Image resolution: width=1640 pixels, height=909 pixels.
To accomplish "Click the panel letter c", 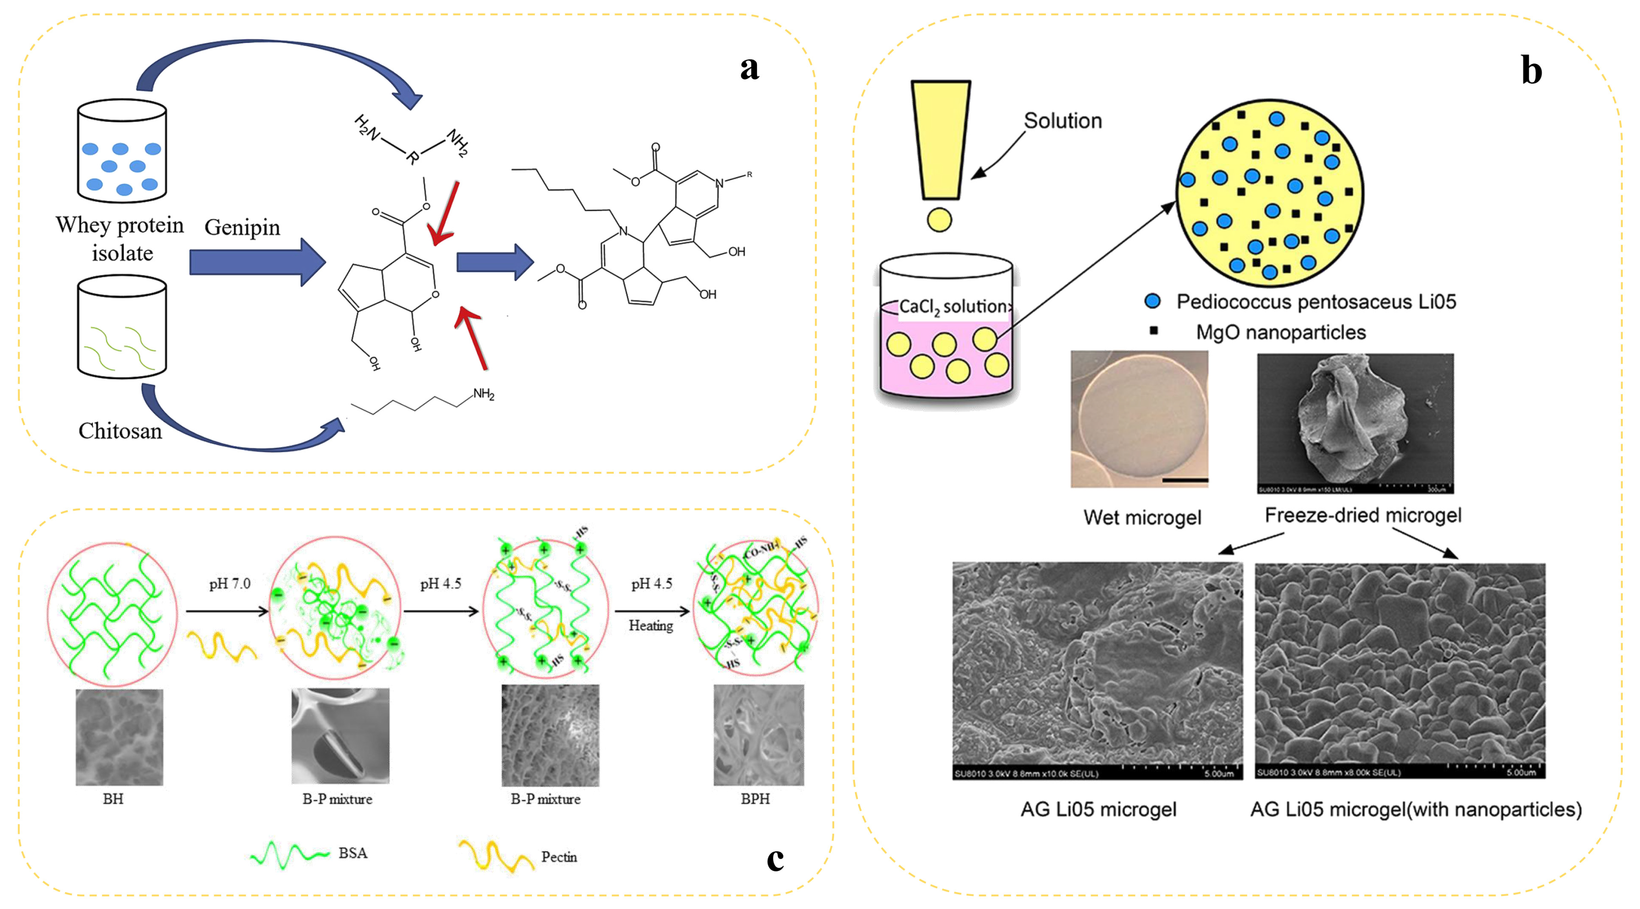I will pos(775,859).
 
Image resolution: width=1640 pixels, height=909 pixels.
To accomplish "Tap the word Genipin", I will pos(242,227).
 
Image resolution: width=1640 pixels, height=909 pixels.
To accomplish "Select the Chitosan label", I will pos(120,431).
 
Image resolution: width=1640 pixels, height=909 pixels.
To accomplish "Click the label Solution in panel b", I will pos(1062,121).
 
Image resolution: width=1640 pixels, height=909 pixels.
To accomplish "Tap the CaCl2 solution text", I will pos(952,307).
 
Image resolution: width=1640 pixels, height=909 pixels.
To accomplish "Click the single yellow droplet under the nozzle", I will pos(939,220).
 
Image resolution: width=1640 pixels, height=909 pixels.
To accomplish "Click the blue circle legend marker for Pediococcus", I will pos(1152,301).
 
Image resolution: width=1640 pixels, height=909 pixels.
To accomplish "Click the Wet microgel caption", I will pos(1142,517).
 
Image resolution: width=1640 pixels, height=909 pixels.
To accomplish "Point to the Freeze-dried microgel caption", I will pos(1362,515).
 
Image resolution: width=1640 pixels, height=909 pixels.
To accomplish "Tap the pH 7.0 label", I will pos(230,584).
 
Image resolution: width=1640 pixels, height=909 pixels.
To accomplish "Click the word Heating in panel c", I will pos(651,626).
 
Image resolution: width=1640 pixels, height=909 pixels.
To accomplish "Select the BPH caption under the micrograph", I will pos(755,799).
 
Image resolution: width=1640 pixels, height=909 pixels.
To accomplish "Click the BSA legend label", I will pos(353,853).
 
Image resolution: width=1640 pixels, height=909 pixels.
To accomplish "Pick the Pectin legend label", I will pos(559,857).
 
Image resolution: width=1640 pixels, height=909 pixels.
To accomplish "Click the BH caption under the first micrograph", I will pos(113,799).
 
